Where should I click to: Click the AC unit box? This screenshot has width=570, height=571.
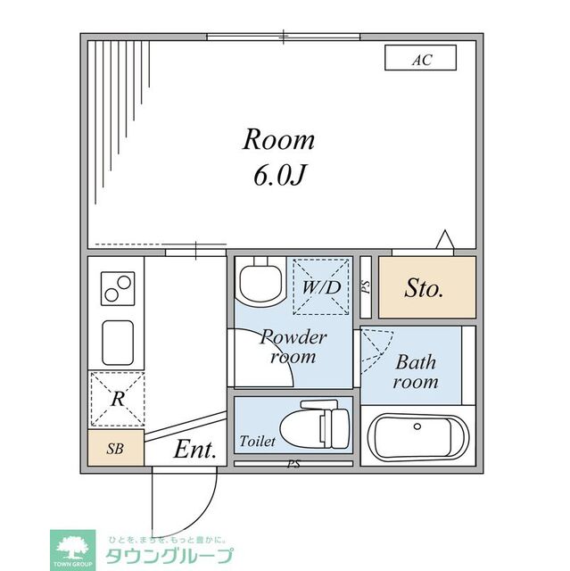coord(420,59)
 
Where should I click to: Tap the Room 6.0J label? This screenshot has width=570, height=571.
coord(279,157)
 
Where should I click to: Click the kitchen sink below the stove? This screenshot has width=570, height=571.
coord(116,342)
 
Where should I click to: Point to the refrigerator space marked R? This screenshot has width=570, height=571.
coord(116,399)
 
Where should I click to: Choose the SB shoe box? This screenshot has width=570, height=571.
coord(115,449)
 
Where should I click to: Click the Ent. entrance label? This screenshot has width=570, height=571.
coord(194,451)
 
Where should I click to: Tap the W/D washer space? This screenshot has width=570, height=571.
coord(320,287)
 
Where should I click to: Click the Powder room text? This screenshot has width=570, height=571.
coord(293,347)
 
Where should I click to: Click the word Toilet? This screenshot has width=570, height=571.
coord(257,442)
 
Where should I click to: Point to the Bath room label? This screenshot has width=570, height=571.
coord(417,372)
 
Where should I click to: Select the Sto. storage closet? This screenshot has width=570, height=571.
coord(425,288)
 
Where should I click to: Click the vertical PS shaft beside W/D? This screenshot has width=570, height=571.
coord(366,287)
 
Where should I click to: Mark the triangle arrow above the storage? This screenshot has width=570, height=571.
coord(444,241)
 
